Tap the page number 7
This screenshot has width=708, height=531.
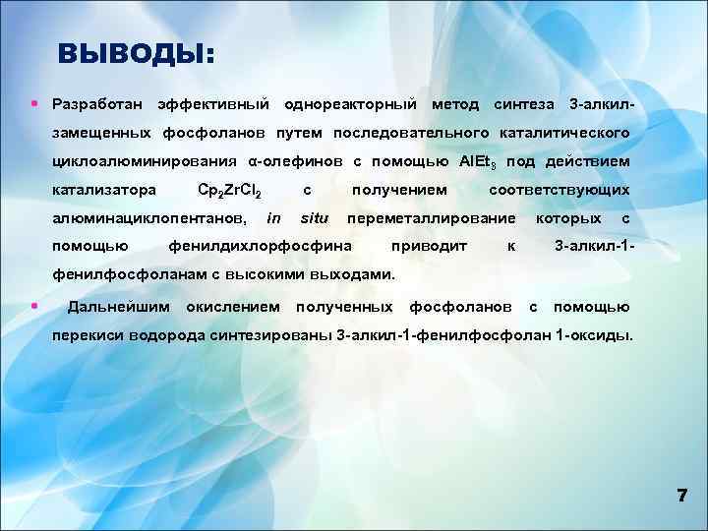(681, 496)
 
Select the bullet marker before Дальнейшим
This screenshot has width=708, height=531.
(34, 307)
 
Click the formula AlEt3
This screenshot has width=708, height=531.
(480, 161)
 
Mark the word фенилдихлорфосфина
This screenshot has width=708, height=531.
(261, 246)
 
